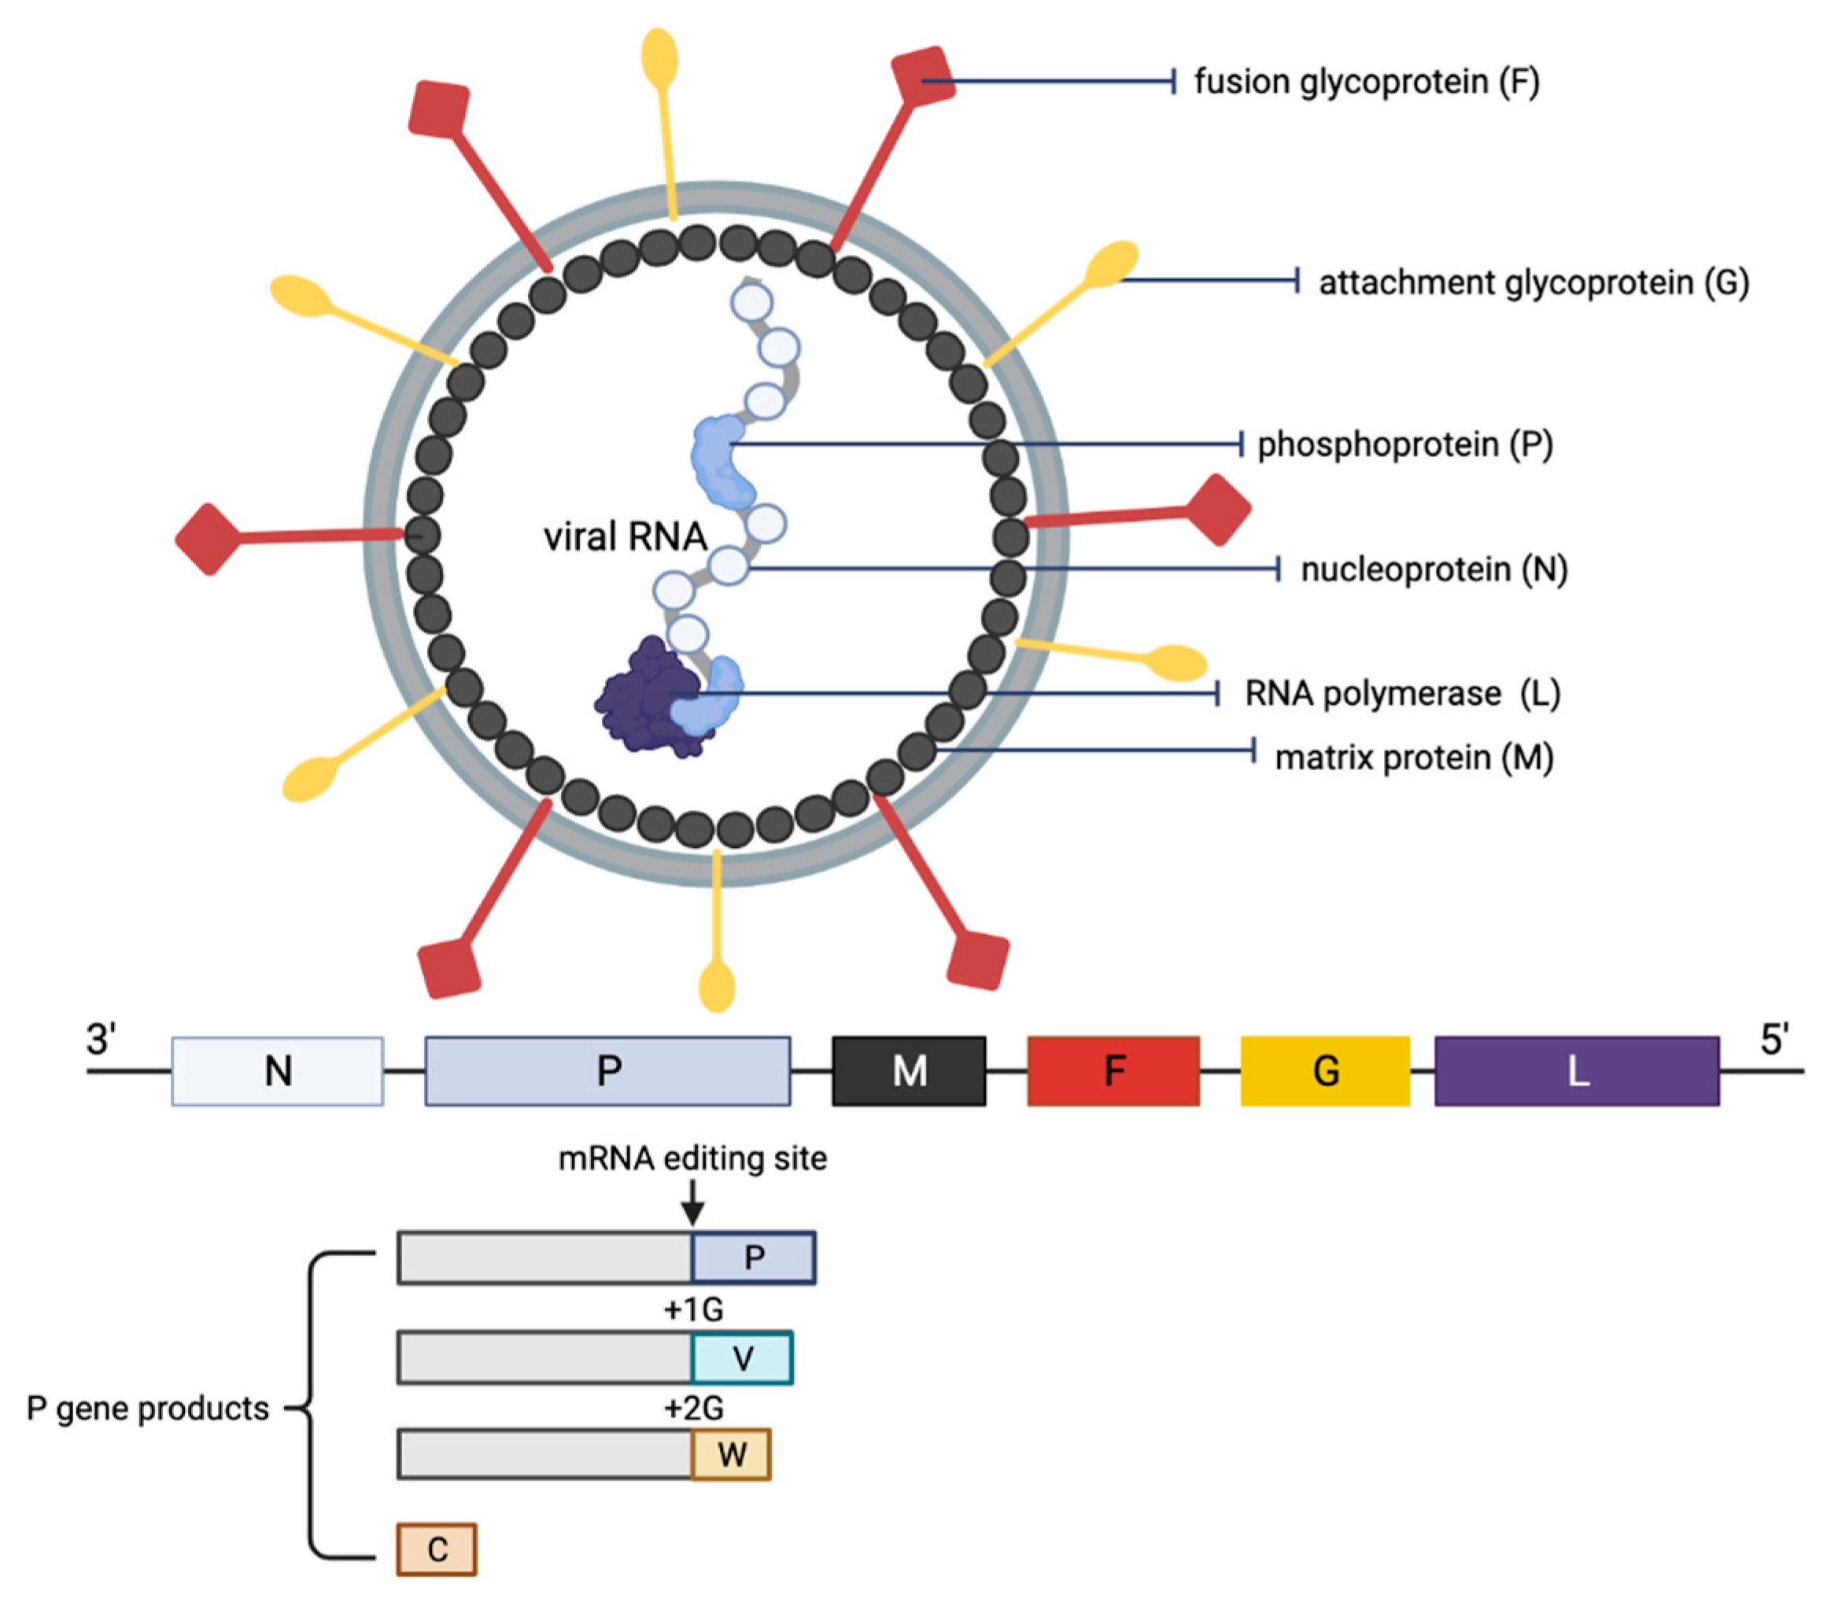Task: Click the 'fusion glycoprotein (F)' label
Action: pyautogui.click(x=1367, y=82)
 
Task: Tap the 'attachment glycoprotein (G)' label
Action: pyautogui.click(x=1533, y=282)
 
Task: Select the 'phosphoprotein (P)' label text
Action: pyautogui.click(x=1404, y=444)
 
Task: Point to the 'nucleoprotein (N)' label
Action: pyautogui.click(x=1434, y=569)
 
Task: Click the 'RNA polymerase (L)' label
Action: pyautogui.click(x=1401, y=694)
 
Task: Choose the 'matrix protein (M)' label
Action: pyautogui.click(x=1414, y=757)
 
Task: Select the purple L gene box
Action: pyautogui.click(x=1576, y=1070)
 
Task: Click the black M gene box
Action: pyautogui.click(x=909, y=1070)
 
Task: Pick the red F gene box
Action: pyautogui.click(x=1113, y=1070)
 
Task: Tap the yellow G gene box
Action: pyautogui.click(x=1324, y=1070)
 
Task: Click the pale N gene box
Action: pyautogui.click(x=278, y=1070)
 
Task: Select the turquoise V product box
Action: pyautogui.click(x=741, y=1358)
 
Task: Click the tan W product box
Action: pyautogui.click(x=730, y=1454)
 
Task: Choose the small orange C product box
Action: pyautogui.click(x=436, y=1549)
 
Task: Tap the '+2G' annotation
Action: pyautogui.click(x=693, y=1408)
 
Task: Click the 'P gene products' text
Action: pyautogui.click(x=147, y=1408)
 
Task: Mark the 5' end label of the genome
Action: pyautogui.click(x=1773, y=1040)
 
